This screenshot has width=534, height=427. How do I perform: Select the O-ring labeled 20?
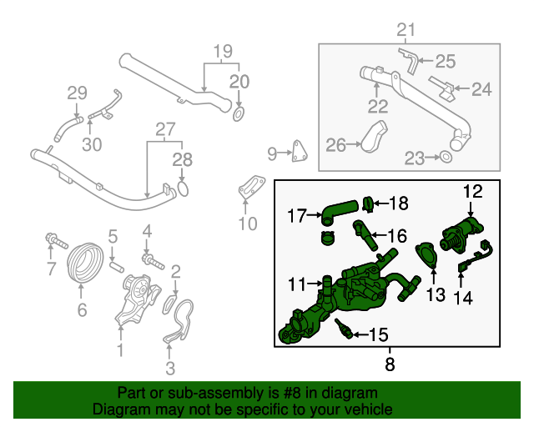[x=239, y=113]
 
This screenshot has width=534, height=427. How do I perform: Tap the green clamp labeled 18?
[x=366, y=203]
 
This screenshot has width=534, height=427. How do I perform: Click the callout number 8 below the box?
[x=390, y=364]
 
